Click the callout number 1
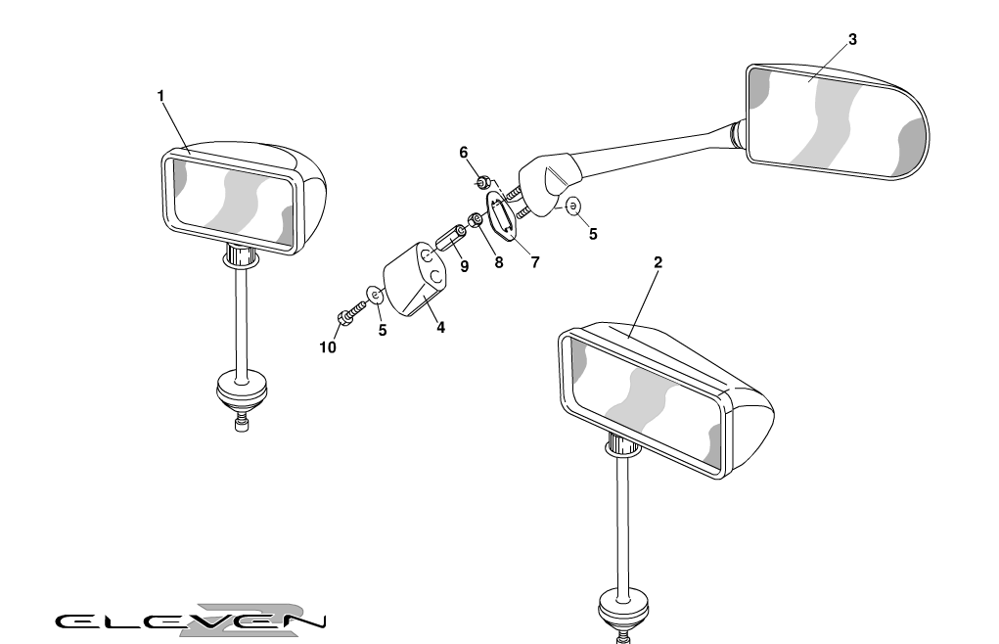tap(160, 96)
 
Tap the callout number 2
tap(658, 262)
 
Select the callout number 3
tap(852, 39)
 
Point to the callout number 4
tap(440, 328)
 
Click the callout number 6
tap(463, 153)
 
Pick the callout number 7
tap(535, 261)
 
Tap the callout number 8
tap(498, 262)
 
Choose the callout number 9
tap(464, 266)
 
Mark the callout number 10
tap(328, 347)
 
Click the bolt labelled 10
tap(349, 312)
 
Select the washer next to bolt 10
tap(376, 295)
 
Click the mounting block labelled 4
tap(415, 279)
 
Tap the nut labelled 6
tap(483, 182)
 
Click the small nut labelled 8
tap(476, 220)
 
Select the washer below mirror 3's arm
tap(573, 206)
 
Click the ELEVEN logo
tap(191, 621)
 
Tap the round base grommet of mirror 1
tap(242, 391)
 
